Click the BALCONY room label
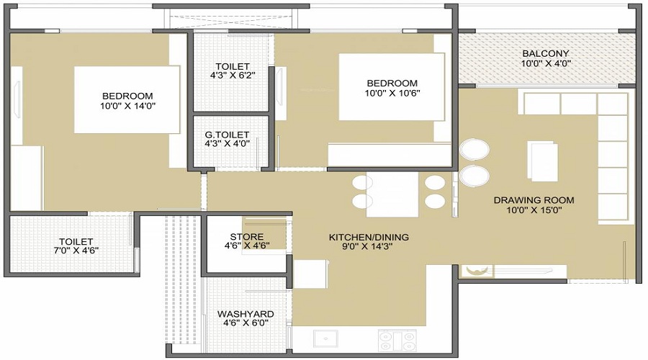[546, 53]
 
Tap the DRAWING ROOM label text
[534, 200]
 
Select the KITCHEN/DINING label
[369, 237]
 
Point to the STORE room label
[246, 237]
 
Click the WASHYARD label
[246, 314]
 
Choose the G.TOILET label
[228, 135]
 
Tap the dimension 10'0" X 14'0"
[127, 106]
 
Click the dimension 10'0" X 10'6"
[392, 93]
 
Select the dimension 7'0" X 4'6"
[76, 251]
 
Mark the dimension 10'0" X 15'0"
[534, 210]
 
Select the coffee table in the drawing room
[543, 161]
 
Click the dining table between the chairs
[392, 194]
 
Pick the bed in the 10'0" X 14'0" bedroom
[127, 100]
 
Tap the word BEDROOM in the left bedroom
[127, 96]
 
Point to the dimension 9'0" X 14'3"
[369, 246]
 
